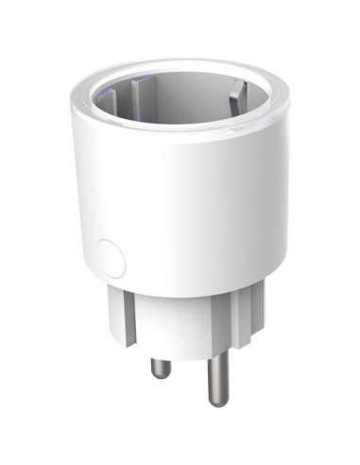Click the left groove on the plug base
click(x=132, y=312)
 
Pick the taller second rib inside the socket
click(x=143, y=95)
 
